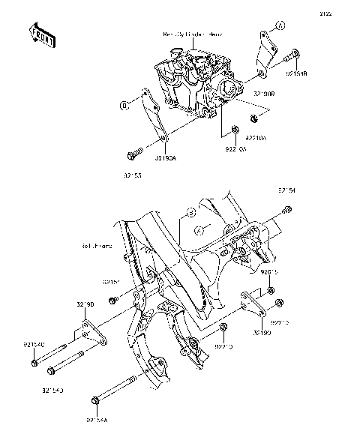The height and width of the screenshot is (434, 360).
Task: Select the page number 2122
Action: pyautogui.click(x=346, y=13)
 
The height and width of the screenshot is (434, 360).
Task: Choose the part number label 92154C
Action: pyautogui.click(x=34, y=345)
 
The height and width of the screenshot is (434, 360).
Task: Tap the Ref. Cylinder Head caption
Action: pyautogui.click(x=193, y=34)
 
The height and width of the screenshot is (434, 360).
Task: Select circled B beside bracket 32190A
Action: pyautogui.click(x=123, y=106)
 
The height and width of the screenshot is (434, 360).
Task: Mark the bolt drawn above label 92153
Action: pyautogui.click(x=136, y=154)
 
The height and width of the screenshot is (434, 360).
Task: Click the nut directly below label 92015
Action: pyautogui.click(x=271, y=289)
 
